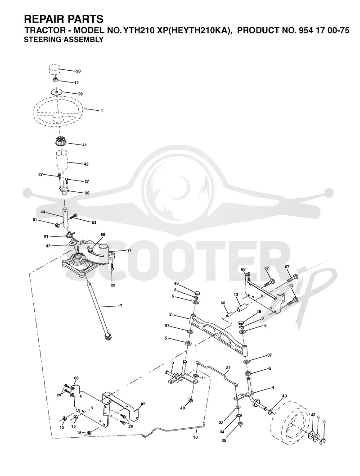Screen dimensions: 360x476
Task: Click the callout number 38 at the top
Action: click(78, 71)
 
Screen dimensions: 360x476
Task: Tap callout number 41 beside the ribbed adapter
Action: click(84, 145)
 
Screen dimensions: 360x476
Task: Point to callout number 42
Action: click(86, 164)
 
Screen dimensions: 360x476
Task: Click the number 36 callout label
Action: click(87, 193)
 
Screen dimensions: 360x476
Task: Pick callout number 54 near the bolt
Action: click(94, 222)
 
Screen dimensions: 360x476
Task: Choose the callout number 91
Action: click(46, 236)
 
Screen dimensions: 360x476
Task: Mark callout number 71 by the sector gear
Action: click(121, 251)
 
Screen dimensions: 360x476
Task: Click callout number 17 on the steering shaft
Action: click(120, 306)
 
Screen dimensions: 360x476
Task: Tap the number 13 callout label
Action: click(236, 295)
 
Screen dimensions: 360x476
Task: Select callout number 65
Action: click(223, 303)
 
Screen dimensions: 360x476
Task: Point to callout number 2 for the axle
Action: click(171, 314)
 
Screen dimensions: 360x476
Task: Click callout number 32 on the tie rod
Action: click(228, 368)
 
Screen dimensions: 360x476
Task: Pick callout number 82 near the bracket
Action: click(143, 404)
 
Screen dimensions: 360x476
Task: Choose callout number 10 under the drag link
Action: click(195, 437)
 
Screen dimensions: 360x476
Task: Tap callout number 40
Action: click(183, 408)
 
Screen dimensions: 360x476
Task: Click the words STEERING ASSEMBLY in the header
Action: click(64, 40)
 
